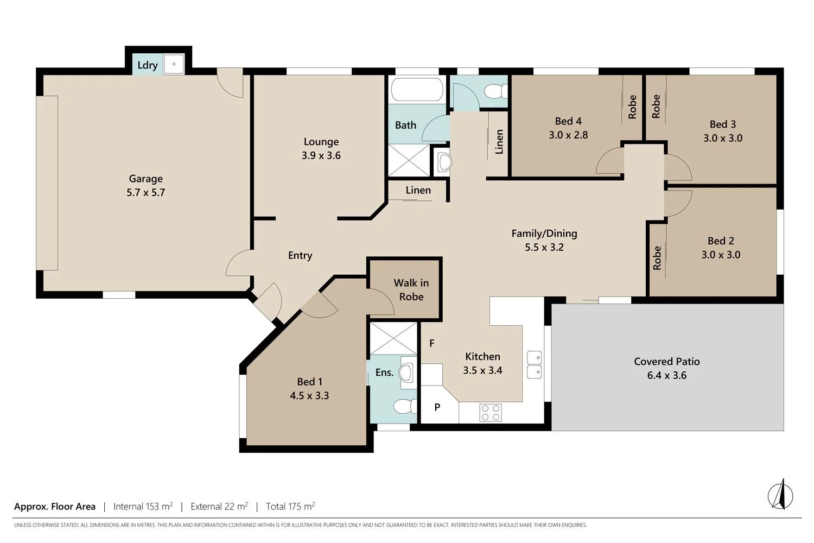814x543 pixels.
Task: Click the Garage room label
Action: (145, 179)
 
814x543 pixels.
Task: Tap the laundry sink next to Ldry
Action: (174, 64)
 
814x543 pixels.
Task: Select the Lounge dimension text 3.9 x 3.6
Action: (321, 155)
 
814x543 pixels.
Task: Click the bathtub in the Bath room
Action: (417, 90)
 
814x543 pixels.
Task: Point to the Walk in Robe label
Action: (411, 289)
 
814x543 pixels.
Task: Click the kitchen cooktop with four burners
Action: (491, 413)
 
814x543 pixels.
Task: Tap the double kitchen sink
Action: (534, 364)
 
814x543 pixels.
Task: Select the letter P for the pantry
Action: (437, 407)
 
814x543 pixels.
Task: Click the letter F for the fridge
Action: (432, 343)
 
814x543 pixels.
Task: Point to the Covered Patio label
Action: (666, 362)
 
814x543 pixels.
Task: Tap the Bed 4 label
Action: (568, 121)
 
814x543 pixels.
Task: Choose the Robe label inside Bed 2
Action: (657, 258)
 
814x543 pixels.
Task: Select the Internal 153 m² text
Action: (143, 507)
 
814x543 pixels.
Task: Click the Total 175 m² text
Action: (290, 507)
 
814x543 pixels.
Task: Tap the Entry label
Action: (300, 255)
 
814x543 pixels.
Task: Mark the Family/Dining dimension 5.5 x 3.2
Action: (544, 247)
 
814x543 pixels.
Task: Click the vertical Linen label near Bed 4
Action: (499, 142)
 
